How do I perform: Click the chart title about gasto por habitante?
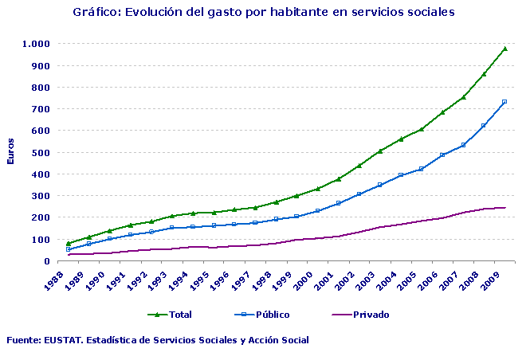(x=263, y=13)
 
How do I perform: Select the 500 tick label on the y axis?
(x=41, y=153)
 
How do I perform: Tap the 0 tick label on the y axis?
(x=46, y=261)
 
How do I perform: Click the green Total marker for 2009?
(x=504, y=49)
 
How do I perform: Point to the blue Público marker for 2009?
(x=504, y=102)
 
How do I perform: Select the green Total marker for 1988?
(x=69, y=244)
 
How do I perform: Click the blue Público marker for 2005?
(x=422, y=169)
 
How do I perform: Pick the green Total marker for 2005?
(x=422, y=129)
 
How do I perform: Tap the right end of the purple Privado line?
(x=505, y=208)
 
